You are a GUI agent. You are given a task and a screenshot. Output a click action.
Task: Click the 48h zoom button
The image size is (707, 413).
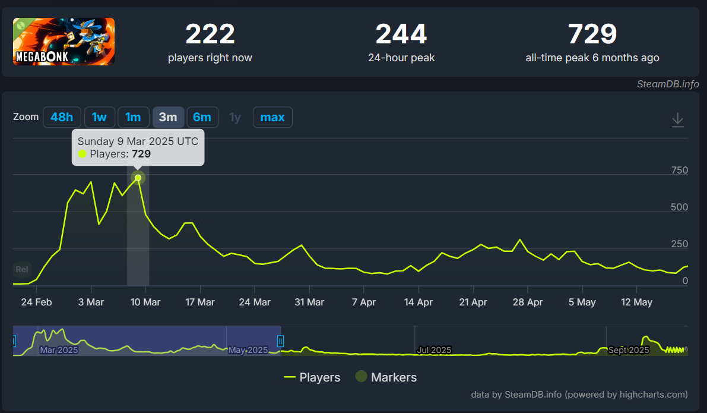click(62, 117)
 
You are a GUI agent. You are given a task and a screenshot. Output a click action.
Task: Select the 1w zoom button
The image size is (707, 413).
click(99, 117)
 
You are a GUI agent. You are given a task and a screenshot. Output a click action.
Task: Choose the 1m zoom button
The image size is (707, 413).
click(133, 117)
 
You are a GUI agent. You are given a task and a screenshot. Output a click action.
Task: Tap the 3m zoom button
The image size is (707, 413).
click(168, 117)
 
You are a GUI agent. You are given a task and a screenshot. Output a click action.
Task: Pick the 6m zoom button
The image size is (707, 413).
click(202, 117)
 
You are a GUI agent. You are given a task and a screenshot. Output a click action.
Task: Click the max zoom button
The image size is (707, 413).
click(272, 117)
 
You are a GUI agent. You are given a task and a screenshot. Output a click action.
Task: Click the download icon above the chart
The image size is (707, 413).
click(677, 120)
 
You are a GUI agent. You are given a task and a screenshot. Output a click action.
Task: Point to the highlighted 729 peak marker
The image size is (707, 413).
click(138, 178)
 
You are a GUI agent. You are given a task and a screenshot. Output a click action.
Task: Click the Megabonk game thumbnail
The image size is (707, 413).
click(64, 41)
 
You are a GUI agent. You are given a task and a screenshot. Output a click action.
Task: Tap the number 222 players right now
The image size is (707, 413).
click(210, 34)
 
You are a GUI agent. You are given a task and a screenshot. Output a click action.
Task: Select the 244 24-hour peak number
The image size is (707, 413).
click(401, 34)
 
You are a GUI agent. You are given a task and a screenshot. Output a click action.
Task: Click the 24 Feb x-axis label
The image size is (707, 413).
click(36, 302)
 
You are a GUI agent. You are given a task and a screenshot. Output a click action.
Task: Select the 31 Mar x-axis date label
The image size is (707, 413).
click(309, 302)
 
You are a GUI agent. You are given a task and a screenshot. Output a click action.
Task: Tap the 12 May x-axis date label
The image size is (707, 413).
click(636, 302)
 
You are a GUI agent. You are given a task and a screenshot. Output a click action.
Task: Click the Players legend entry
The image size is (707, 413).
click(312, 377)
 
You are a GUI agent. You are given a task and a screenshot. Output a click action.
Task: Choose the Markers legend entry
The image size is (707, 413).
click(386, 377)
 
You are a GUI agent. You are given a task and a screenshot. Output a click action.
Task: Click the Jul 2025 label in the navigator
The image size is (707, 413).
click(433, 350)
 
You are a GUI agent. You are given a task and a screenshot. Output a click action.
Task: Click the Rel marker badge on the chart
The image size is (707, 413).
click(21, 269)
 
